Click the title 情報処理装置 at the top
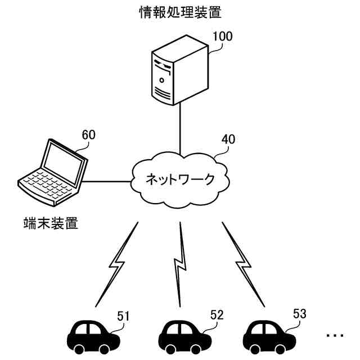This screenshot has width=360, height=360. pos(181,12)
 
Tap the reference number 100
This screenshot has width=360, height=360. pos(223,36)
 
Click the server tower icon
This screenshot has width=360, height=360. pos(180,70)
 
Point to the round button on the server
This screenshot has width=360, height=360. pos(162,80)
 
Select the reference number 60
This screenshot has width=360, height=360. pos(89,135)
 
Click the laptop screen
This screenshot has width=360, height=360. pos(64,163)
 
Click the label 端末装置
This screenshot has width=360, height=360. pos(51,223)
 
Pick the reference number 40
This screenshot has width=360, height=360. pos(228,139)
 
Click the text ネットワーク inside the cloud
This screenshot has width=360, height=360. pos(180,179)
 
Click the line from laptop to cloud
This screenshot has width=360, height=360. pos(106,182)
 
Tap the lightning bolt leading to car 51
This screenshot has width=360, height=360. pos(117,264)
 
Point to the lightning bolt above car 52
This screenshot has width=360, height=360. pos(181,264)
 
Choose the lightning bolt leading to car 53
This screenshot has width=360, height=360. pos(244,264)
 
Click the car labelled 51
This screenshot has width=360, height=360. pos(93,337)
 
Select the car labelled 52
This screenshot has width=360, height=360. pos(185,337)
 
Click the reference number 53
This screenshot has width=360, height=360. pos(300,314)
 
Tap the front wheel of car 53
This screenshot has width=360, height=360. pos(280,349)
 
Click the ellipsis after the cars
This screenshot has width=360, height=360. pos(335,335)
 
